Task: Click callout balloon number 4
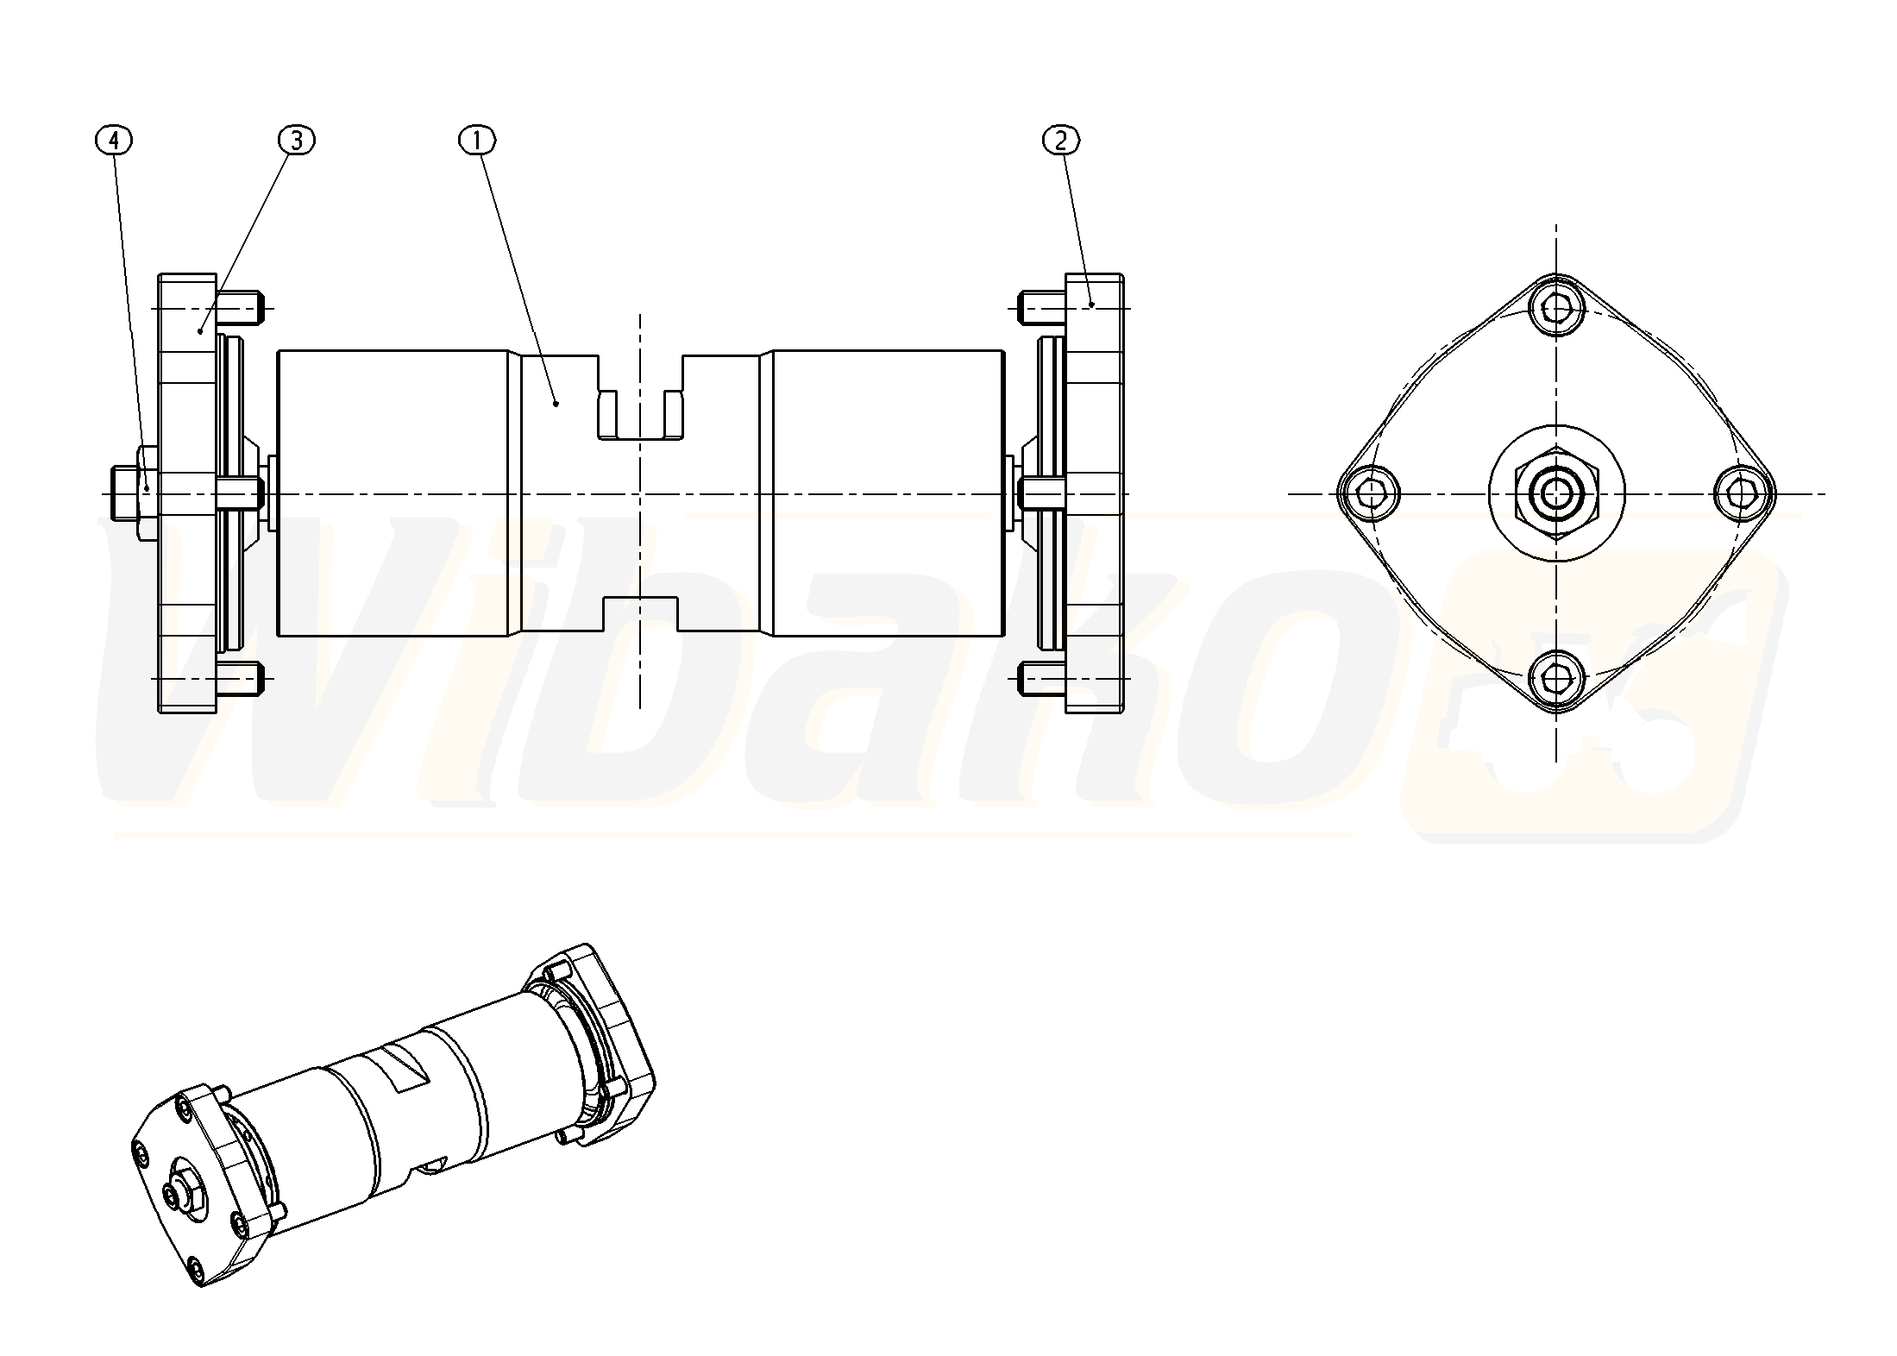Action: point(115,140)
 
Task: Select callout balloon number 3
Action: point(297,140)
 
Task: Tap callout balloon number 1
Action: point(479,140)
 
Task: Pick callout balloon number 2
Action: point(1061,140)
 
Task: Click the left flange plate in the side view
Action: point(186,493)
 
